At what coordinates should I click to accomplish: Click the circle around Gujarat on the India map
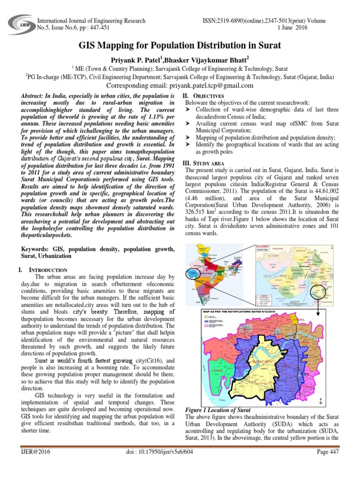(199, 273)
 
